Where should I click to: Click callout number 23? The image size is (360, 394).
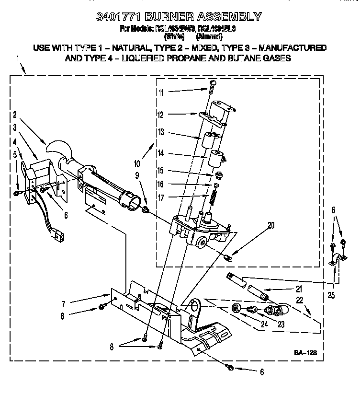pyautogui.click(x=281, y=324)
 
